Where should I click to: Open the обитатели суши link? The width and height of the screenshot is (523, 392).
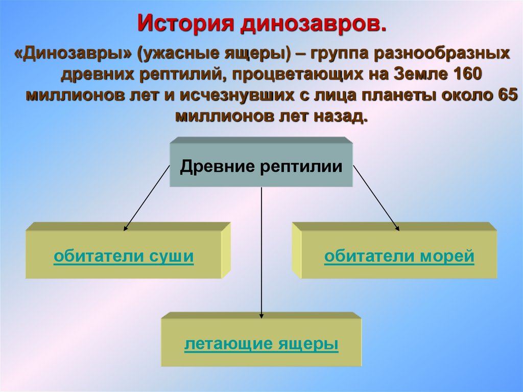pos(124,257)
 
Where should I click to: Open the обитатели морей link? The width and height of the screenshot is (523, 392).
pos(399,257)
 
